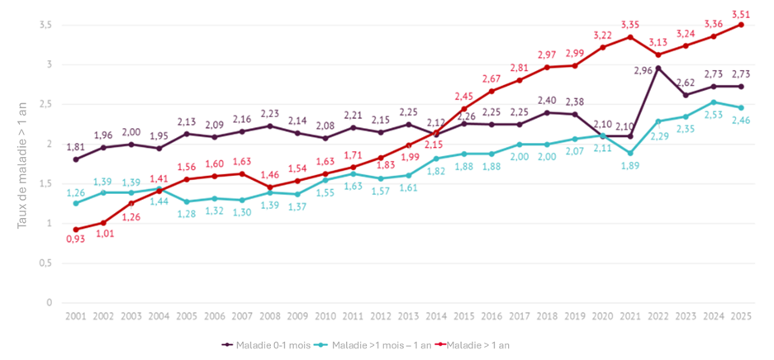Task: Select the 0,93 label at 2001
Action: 77,239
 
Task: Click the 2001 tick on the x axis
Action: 77,317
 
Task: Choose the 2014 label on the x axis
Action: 436,317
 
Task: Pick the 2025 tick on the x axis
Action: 741,317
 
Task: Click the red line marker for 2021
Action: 630,37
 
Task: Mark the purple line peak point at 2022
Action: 658,68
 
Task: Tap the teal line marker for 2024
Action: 713,102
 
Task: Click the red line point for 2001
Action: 77,230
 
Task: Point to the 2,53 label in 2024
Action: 713,115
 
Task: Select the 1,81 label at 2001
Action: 77,147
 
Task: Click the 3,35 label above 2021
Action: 630,25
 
